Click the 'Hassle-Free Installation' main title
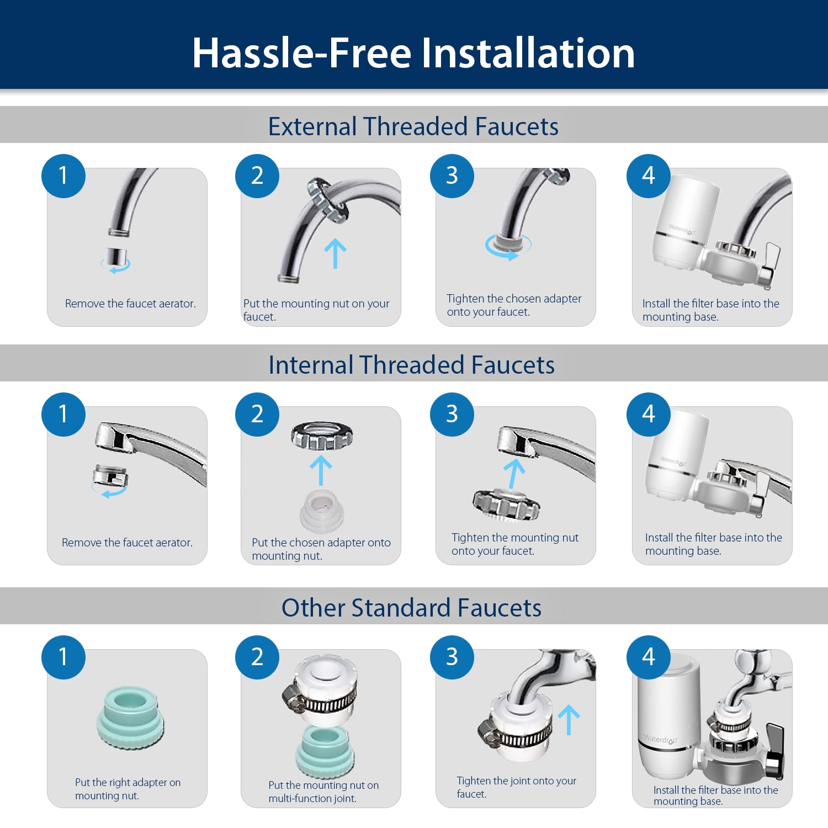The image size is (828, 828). coord(413,53)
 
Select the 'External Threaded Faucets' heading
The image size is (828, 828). coord(413,126)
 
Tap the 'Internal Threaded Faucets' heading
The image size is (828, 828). coord(411,365)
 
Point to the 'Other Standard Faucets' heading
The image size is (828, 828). coord(411,608)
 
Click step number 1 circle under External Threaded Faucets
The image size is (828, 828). coord(63,176)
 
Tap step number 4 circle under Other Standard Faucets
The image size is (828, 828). coord(649,657)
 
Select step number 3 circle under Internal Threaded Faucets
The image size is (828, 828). coord(452,415)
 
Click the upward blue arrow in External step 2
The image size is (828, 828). coord(335,253)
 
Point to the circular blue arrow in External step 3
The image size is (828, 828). coord(508,247)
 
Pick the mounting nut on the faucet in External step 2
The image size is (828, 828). coord(328,200)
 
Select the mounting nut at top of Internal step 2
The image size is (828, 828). coord(322,436)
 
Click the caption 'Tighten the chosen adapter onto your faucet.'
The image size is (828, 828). coord(514,305)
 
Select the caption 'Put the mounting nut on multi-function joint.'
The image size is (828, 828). coord(323,792)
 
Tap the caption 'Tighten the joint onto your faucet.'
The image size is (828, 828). coord(516,787)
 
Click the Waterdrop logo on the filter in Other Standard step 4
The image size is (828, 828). coord(660,740)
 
